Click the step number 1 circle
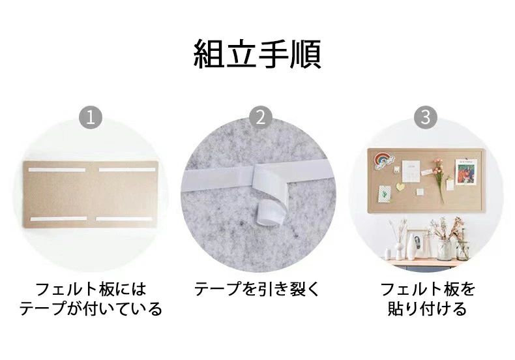point(91,117)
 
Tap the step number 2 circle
point(261,117)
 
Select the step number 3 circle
point(426,117)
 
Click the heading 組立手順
point(257,54)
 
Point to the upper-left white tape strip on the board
point(57,170)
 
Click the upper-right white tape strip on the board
point(127,170)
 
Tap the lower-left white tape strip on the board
point(59,218)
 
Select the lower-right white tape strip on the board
point(125,218)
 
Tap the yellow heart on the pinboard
point(400,187)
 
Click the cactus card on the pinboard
point(384,194)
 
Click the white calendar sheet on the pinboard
point(411,171)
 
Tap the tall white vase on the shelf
point(411,247)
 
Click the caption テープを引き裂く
point(257,289)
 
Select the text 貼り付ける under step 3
point(427,308)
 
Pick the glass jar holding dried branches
point(445,250)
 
